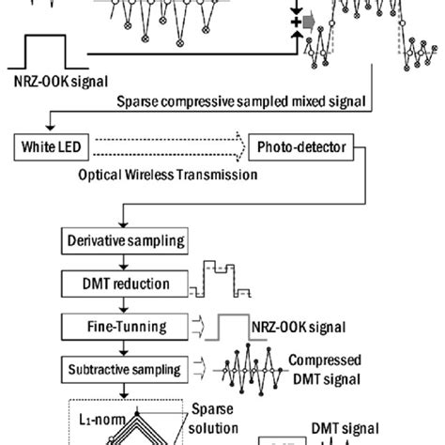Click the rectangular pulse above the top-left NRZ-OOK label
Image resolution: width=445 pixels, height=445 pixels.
(x=48, y=48)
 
